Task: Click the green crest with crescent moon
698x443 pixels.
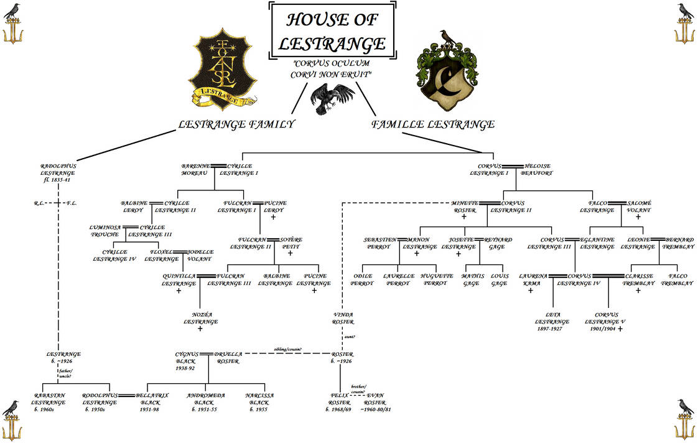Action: click(x=447, y=69)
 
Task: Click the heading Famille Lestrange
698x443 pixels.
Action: click(x=433, y=124)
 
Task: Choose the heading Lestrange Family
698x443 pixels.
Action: click(x=236, y=124)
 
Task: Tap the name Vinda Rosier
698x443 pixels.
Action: click(x=343, y=318)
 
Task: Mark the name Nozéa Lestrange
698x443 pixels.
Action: click(x=200, y=319)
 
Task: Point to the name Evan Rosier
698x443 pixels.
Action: click(x=379, y=402)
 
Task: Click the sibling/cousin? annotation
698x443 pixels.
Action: click(x=287, y=350)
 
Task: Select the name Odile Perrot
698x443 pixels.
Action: click(x=362, y=279)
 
